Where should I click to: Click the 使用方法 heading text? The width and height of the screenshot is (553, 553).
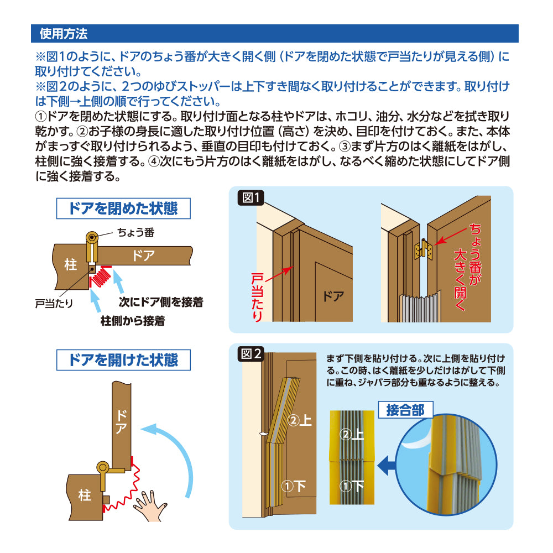(64, 34)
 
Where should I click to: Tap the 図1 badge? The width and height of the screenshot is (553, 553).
(251, 197)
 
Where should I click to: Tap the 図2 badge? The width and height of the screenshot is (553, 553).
(251, 353)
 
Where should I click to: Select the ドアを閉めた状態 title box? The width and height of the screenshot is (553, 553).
(123, 208)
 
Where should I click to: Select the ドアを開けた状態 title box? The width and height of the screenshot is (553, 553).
(123, 360)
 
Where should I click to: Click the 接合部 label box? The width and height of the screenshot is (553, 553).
(405, 410)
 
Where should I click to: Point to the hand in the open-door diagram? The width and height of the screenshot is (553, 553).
(150, 505)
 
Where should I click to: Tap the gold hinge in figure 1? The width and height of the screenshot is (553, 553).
(424, 250)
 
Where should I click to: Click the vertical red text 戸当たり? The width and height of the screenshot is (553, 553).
(257, 298)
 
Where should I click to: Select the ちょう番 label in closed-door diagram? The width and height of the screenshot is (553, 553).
(136, 232)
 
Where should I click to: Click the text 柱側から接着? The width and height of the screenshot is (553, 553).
(133, 321)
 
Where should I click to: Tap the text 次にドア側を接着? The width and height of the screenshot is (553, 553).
(161, 302)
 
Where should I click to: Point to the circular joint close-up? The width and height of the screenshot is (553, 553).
(446, 465)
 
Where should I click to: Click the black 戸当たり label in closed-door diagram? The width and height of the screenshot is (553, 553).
(54, 304)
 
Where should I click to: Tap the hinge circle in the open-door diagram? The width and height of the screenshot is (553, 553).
(103, 468)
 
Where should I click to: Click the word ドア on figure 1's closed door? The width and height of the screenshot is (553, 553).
(333, 296)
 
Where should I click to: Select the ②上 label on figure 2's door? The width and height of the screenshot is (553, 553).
(300, 420)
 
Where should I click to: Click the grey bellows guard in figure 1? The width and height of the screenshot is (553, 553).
(420, 307)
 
